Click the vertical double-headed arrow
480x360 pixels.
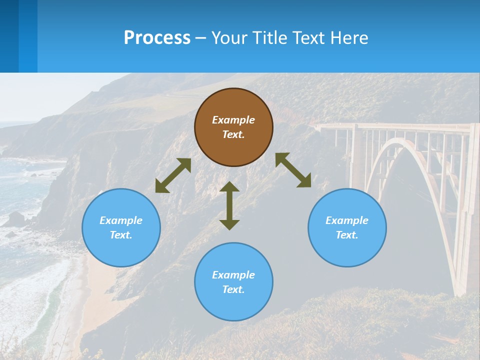click(229, 205)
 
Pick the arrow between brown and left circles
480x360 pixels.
click(173, 175)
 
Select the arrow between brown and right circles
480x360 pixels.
click(293, 170)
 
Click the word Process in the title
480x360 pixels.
click(157, 38)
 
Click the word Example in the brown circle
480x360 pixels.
click(233, 120)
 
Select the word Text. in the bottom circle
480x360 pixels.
click(233, 289)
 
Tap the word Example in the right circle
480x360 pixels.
click(347, 220)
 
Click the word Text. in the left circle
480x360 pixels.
click(121, 235)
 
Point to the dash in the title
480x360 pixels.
click(200, 38)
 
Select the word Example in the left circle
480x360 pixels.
click(121, 220)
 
